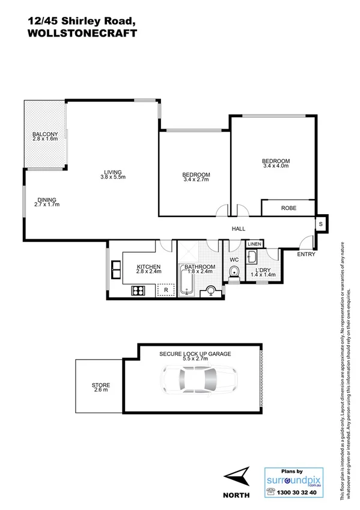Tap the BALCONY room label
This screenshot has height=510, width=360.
click(x=45, y=136)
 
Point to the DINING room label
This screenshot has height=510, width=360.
click(x=46, y=202)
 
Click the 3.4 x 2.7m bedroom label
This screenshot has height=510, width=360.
click(x=196, y=176)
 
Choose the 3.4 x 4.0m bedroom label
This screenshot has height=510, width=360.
click(x=276, y=163)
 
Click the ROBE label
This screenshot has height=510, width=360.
click(x=288, y=208)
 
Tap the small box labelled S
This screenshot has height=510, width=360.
click(x=322, y=223)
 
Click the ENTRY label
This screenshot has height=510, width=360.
click(x=307, y=254)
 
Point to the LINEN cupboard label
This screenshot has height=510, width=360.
click(x=254, y=244)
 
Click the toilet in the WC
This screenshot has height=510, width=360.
click(x=234, y=275)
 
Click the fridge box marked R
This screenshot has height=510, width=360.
click(x=165, y=290)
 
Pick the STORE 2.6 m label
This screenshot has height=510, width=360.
click(x=100, y=387)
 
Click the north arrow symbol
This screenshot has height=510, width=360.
click(x=237, y=476)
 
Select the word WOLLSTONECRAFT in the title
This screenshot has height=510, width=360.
click(x=82, y=34)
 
